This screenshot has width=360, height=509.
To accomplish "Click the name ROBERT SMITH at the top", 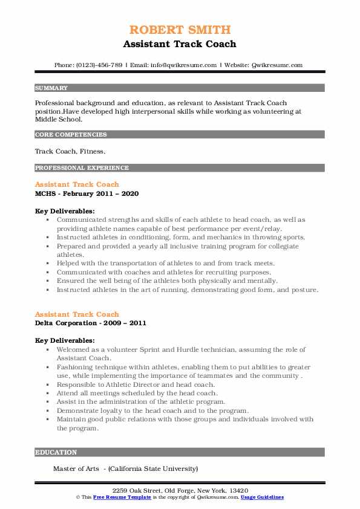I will pos(180,30).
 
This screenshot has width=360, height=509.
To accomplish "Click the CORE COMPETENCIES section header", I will pos(71,135).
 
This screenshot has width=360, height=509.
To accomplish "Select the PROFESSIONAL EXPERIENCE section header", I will pos(82,167).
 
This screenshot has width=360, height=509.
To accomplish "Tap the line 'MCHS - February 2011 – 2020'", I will pos(87,193).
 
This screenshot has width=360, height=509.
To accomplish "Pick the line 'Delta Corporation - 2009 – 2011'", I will pos(90,323).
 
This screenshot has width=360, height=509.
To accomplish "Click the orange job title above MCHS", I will pos(77,184).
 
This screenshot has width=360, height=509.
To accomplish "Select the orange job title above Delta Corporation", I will pos(77,314).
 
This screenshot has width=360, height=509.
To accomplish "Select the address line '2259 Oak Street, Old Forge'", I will pos(180,490).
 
